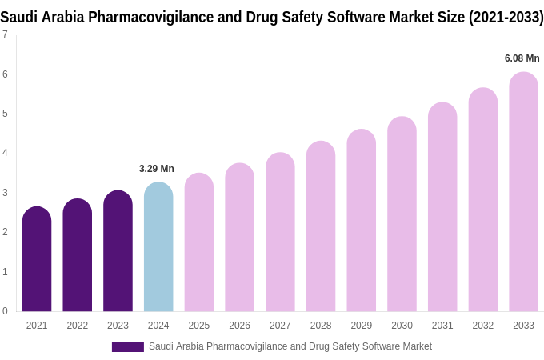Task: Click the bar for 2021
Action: tap(37, 259)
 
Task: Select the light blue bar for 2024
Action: tap(158, 247)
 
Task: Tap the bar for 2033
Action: tap(523, 192)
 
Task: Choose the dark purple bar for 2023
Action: tap(118, 251)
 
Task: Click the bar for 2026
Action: tap(239, 238)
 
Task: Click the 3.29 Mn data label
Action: tap(157, 169)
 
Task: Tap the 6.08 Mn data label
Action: tap(522, 58)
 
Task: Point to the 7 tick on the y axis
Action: tap(5, 34)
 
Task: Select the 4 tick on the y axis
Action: tap(5, 153)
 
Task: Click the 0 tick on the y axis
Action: tap(5, 311)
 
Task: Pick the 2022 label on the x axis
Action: tap(78, 326)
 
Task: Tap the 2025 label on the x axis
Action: tap(199, 326)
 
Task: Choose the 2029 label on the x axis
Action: tap(361, 326)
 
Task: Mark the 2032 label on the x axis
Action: tap(482, 326)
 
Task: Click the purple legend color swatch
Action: tap(128, 347)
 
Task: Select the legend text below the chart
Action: tap(290, 346)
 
